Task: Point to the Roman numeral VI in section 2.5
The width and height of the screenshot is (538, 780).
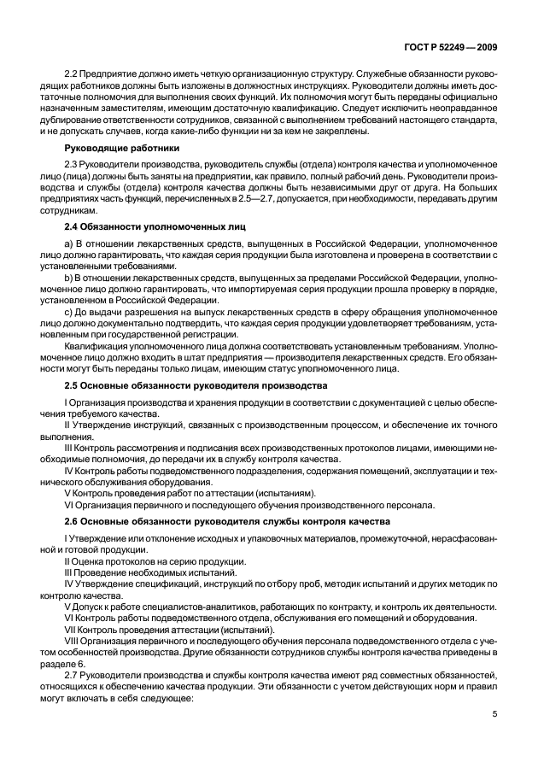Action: [x=68, y=504]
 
